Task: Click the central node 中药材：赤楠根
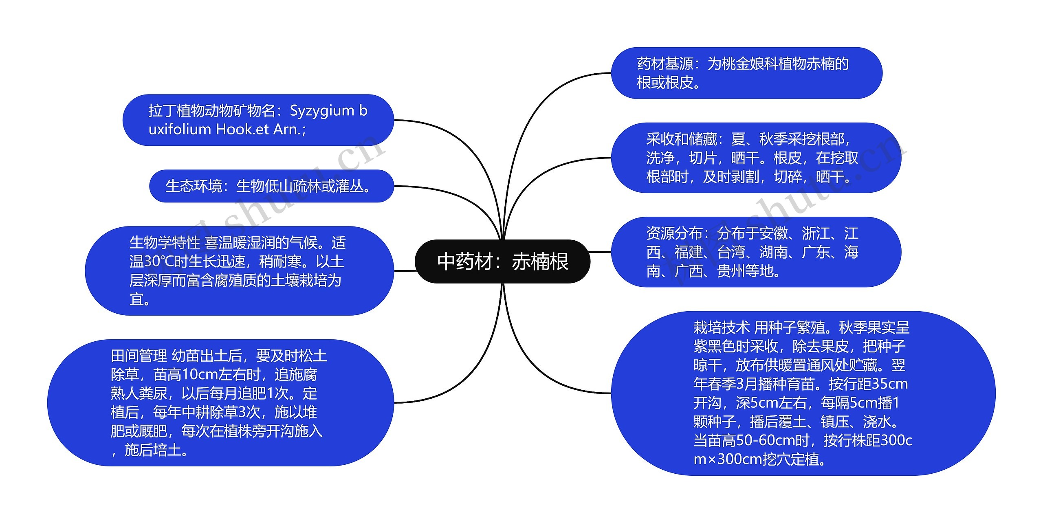502,261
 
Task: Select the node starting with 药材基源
746,73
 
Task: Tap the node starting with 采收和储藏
756,158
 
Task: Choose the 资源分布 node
756,252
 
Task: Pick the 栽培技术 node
803,393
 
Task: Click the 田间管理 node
220,403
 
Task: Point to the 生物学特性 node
239,271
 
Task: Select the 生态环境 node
271,186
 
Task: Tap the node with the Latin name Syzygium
258,120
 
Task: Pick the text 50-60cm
772,440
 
